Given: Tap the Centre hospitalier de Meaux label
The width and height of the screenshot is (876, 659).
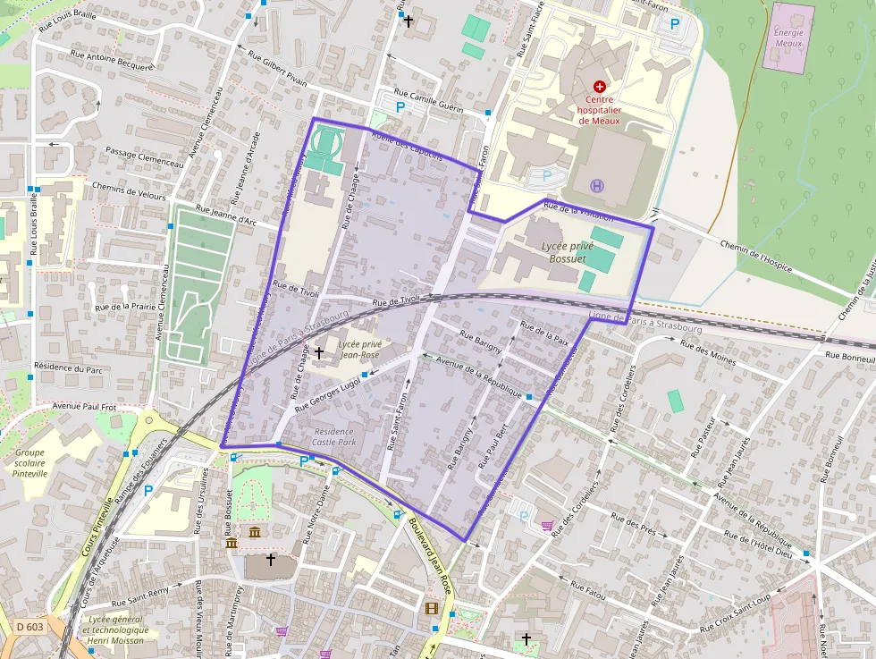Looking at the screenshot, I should coord(599,109).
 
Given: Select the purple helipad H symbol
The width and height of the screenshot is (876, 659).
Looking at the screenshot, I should coord(596,185).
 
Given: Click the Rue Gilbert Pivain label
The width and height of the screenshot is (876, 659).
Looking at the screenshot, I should coord(271,69).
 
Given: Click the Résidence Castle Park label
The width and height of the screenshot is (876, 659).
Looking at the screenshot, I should coord(333,436).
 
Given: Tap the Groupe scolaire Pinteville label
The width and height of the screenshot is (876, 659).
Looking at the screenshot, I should coord(30,462).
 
